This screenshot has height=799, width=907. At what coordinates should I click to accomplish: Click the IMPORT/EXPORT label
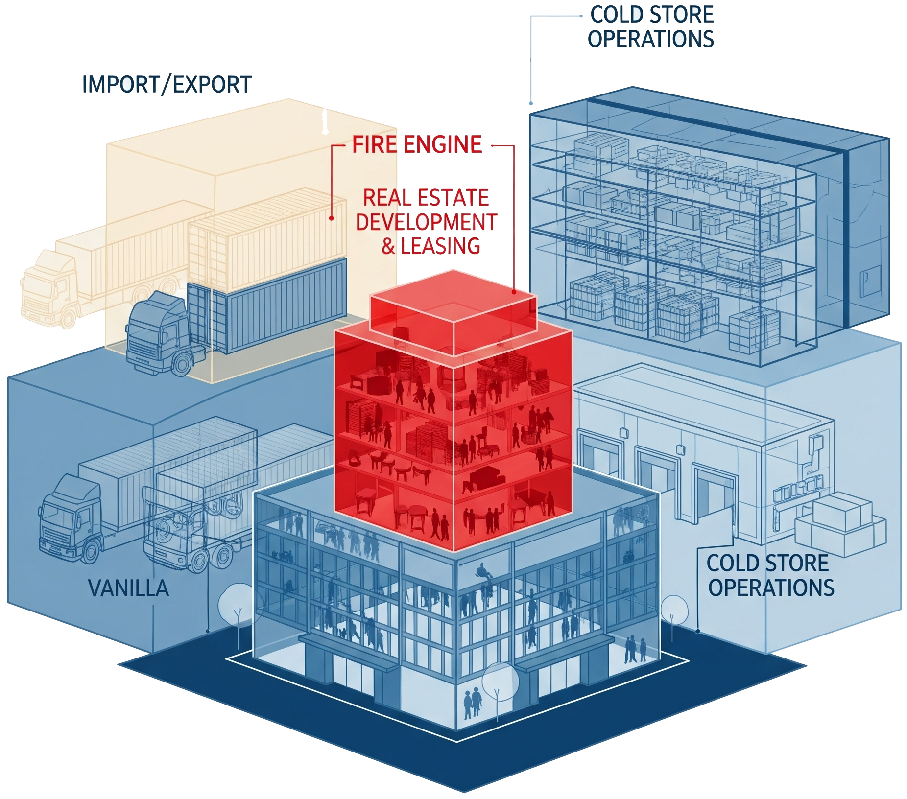tap(167, 85)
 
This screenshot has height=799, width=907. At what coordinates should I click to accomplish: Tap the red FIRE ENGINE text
tap(417, 145)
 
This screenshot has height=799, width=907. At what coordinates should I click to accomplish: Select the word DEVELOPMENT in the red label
tap(426, 222)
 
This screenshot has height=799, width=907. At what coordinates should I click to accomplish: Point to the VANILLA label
tap(128, 588)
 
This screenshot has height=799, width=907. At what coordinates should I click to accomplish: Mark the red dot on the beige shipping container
tap(332, 218)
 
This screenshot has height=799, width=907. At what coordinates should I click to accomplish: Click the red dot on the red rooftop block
tap(514, 292)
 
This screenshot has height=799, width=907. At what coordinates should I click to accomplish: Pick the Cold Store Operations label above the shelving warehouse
tap(651, 27)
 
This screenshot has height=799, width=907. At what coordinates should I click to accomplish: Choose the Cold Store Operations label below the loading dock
tap(770, 575)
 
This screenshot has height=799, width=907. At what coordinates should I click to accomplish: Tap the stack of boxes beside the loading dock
tap(840, 524)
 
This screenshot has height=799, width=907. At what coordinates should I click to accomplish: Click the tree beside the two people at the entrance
tap(500, 683)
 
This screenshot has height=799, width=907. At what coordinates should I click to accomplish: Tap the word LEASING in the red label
tap(440, 246)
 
